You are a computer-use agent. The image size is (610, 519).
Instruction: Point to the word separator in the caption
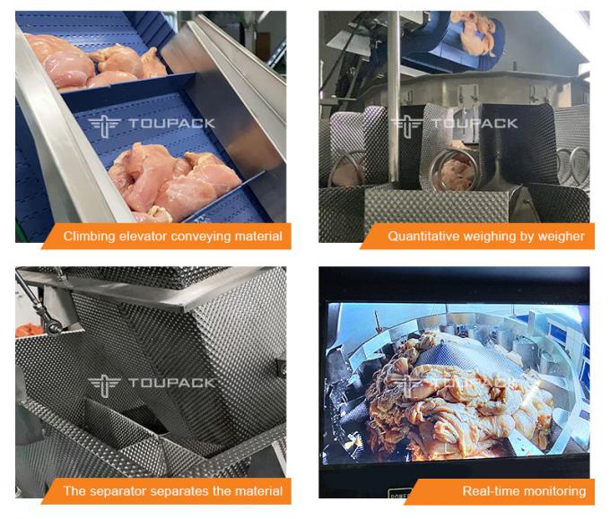(x=119, y=491)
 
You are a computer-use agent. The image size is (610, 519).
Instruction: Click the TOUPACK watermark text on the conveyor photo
(x=171, y=124)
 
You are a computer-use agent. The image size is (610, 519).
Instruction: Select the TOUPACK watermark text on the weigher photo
(x=475, y=124)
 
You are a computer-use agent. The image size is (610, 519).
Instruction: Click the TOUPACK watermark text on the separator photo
(x=171, y=383)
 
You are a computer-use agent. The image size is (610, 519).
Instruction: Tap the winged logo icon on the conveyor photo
(x=104, y=125)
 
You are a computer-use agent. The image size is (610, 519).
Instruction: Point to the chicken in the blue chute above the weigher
(x=477, y=32)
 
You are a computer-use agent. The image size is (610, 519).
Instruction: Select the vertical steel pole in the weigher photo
(x=393, y=96)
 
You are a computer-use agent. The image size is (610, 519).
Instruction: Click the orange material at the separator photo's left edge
(x=29, y=330)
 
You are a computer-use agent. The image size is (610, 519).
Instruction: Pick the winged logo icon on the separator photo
(x=104, y=385)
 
